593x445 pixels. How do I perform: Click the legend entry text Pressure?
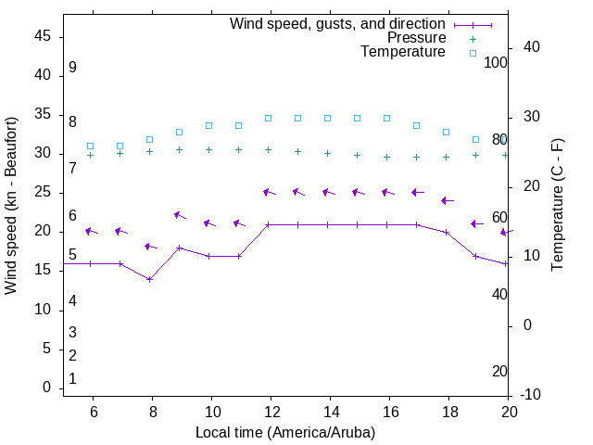click(416, 38)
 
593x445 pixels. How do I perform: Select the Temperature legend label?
click(403, 52)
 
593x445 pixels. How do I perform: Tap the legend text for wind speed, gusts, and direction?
click(338, 24)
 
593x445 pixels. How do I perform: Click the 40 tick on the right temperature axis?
click(533, 47)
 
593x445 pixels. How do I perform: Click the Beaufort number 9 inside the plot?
click(72, 68)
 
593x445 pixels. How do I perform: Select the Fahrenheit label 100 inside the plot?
click(497, 62)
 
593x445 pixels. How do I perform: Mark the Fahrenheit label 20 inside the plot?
click(499, 371)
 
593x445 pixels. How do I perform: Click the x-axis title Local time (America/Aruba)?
click(285, 432)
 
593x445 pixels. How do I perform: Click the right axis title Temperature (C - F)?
click(557, 206)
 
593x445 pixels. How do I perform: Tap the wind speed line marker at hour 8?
click(150, 279)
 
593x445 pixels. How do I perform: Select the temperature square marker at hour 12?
click(269, 118)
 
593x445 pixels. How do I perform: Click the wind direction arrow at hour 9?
click(180, 215)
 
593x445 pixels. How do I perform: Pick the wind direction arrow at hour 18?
click(447, 200)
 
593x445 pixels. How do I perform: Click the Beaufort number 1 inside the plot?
click(72, 379)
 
